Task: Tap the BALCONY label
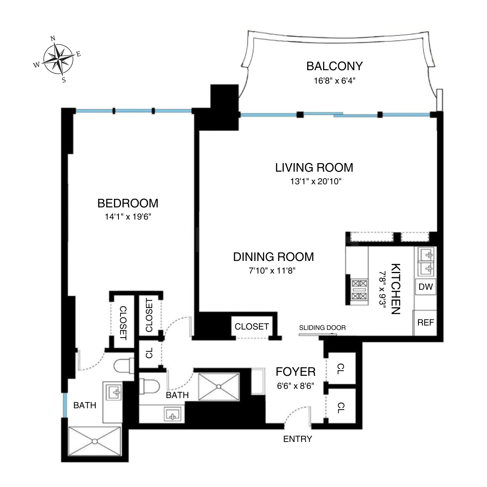(x=334, y=66)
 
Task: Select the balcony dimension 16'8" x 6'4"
(x=334, y=80)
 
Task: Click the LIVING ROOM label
(x=314, y=167)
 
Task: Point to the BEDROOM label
(x=128, y=203)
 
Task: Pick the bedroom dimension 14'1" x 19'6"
(x=128, y=217)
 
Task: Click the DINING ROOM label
(x=273, y=256)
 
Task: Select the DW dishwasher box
(x=425, y=287)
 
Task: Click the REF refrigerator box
(x=425, y=323)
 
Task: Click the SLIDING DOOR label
(x=322, y=328)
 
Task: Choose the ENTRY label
(x=297, y=439)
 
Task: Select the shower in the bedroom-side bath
(x=95, y=441)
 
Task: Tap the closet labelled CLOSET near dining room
(x=252, y=326)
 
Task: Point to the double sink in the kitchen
(x=425, y=261)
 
